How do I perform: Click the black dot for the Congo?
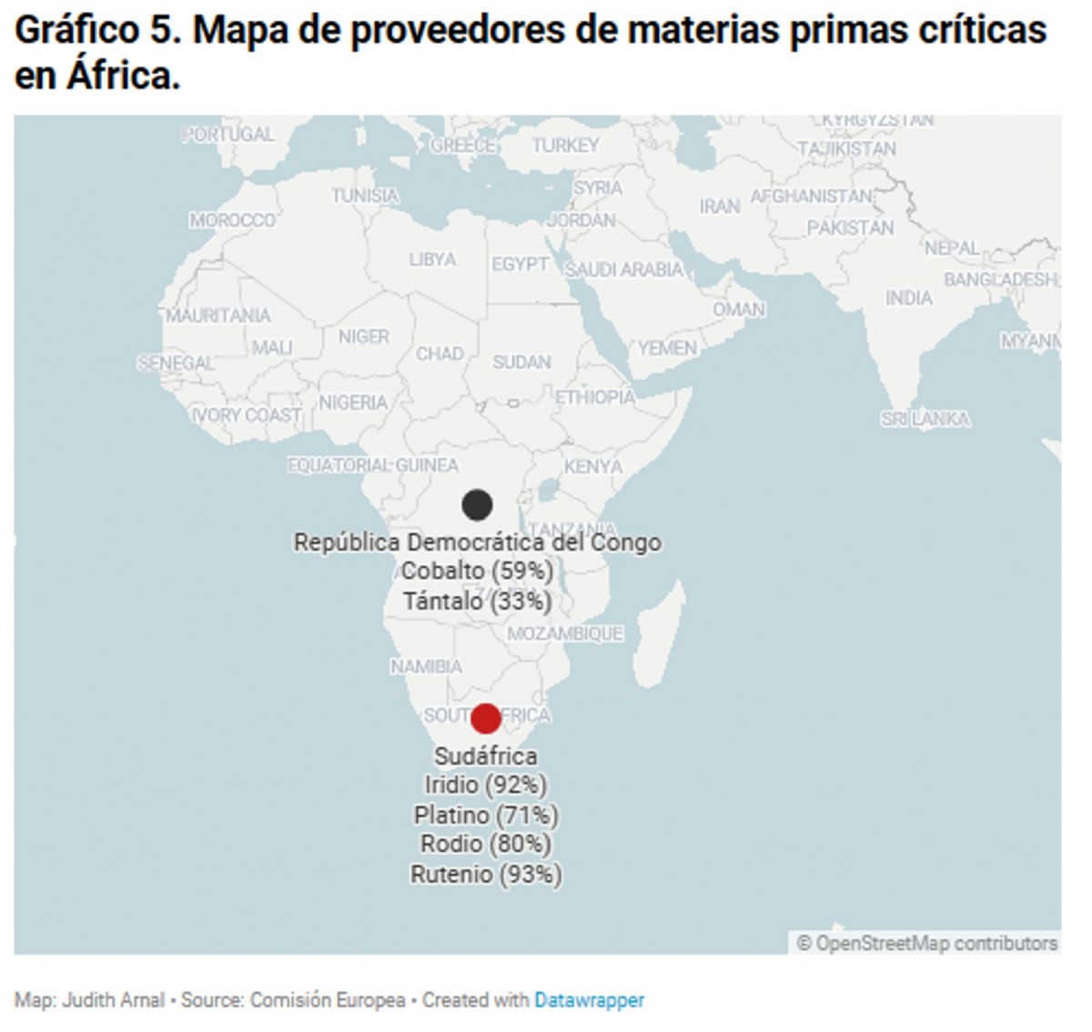point(477,504)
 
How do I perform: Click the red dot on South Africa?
point(486,718)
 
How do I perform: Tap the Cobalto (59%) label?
point(477,572)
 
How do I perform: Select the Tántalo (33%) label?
point(477,602)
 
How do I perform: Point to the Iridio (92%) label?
point(485,784)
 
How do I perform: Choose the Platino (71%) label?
point(485,814)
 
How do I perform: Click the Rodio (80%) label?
point(485,845)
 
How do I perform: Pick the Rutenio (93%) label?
point(485,875)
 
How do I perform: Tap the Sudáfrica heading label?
point(485,756)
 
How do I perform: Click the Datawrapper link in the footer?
point(589,1000)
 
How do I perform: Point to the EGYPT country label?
point(520,264)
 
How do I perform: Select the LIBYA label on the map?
point(432,259)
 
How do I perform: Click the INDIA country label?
point(908,298)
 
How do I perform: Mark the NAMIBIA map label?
point(426,667)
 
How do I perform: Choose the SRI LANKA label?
point(925,419)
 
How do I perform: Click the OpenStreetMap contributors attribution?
point(927,943)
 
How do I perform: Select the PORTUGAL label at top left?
point(227,135)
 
